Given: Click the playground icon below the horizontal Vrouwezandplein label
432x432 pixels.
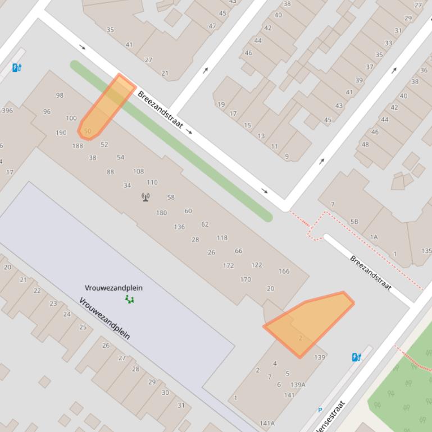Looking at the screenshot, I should click(x=130, y=299).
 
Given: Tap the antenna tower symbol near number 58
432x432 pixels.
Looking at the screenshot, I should click(x=146, y=197).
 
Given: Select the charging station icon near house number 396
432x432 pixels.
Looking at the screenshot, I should click(x=17, y=68).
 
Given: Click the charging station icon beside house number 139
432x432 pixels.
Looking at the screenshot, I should click(x=356, y=357).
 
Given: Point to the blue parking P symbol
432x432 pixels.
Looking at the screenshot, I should click(x=320, y=410).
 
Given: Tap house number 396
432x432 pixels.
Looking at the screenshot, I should click(x=7, y=111).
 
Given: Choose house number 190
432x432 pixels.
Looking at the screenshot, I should click(x=61, y=133).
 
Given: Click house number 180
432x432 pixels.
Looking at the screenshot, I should click(x=161, y=213).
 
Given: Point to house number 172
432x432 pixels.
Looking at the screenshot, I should click(x=228, y=265).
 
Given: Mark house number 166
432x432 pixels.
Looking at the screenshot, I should click(x=284, y=271).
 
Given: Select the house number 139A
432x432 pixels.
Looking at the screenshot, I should click(x=298, y=384).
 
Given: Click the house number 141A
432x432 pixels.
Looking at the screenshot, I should click(x=267, y=423).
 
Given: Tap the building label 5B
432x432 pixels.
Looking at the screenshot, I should click(x=354, y=222).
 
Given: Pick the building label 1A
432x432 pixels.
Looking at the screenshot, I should click(x=374, y=237).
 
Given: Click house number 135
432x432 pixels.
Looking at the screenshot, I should click(x=426, y=251).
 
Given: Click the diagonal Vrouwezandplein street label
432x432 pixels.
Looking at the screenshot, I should click(x=104, y=319).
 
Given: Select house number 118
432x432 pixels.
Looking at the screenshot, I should click(x=222, y=237).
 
